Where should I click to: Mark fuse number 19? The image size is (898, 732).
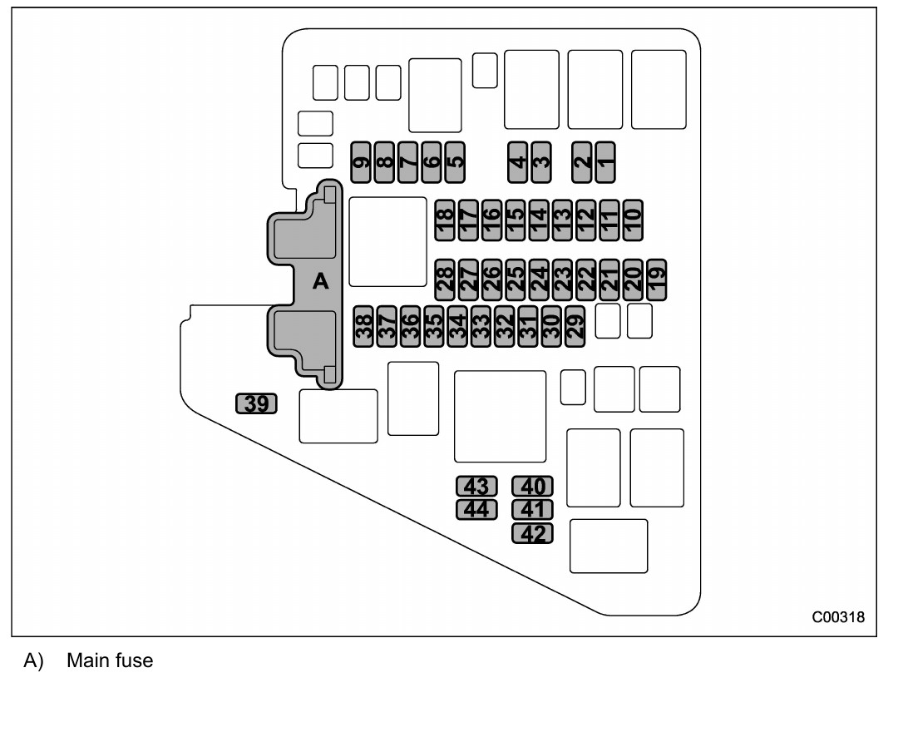(x=657, y=279)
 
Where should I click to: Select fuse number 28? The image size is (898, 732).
(x=445, y=279)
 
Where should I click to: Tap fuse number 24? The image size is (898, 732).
(x=539, y=279)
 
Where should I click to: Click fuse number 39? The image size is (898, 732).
(x=257, y=404)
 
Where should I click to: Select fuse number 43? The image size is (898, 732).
(x=476, y=486)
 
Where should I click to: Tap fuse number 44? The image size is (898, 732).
(x=476, y=508)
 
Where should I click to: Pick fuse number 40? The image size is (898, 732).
(x=532, y=486)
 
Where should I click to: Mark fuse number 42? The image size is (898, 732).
(x=532, y=533)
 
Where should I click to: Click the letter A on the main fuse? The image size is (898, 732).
(x=320, y=282)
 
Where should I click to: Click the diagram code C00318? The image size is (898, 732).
(x=838, y=617)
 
